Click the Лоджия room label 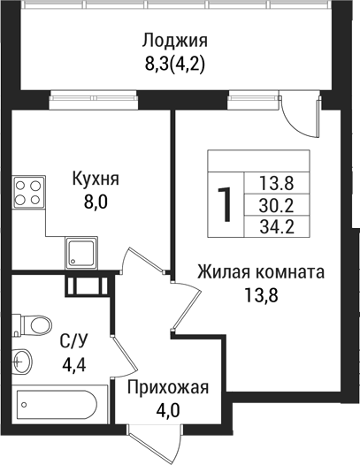click(174, 40)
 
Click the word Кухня click(96, 179)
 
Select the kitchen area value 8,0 click(96, 201)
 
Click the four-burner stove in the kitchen click(29, 192)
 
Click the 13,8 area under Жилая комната click(261, 295)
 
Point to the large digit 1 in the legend click(226, 203)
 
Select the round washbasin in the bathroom click(24, 360)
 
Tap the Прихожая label click(167, 388)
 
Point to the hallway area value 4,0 click(167, 410)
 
